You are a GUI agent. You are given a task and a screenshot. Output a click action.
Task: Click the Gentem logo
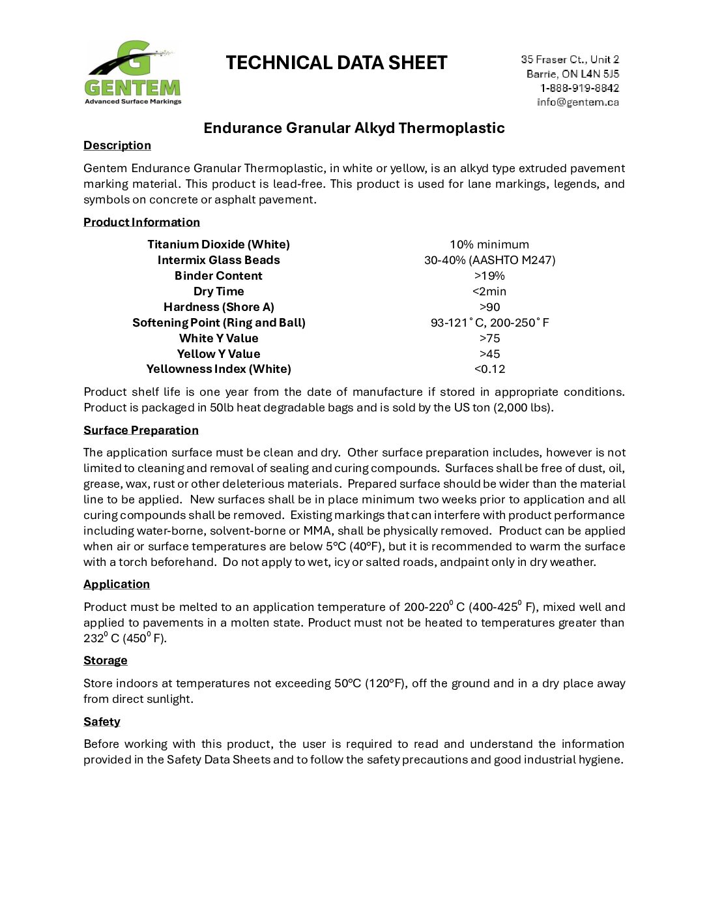(133, 72)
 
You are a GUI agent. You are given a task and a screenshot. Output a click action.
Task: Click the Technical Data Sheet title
(336, 63)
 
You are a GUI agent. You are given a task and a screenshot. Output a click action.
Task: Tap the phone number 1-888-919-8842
(579, 88)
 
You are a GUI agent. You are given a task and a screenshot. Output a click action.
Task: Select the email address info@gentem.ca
(577, 102)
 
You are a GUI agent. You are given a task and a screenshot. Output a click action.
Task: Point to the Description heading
(117, 145)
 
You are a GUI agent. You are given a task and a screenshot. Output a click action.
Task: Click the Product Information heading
(141, 222)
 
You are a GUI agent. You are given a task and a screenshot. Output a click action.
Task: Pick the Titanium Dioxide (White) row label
(218, 244)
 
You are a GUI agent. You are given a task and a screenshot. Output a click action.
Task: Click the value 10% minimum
(489, 244)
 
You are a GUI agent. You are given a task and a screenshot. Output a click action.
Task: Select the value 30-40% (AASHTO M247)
(489, 260)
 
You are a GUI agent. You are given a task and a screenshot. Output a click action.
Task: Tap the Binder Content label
(218, 276)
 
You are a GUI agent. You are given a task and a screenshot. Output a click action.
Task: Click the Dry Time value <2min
(489, 291)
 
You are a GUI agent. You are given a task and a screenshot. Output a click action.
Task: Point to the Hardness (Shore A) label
(218, 307)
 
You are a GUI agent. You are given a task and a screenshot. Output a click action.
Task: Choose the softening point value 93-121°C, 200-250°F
(489, 323)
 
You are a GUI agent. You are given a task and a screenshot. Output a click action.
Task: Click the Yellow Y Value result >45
(489, 354)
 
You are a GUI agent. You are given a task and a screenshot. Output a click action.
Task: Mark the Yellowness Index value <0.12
(489, 369)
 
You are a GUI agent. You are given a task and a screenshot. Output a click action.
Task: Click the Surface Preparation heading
(141, 430)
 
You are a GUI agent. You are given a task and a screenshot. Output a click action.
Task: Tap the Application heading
(117, 584)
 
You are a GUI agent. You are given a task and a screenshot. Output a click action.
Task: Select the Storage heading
(106, 660)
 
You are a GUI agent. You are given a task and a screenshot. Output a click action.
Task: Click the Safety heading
(102, 722)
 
